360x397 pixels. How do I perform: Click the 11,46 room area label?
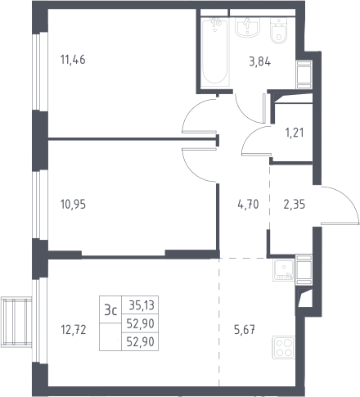click(x=73, y=60)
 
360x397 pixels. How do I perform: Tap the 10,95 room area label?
click(x=73, y=205)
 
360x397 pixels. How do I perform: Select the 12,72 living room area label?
click(x=74, y=330)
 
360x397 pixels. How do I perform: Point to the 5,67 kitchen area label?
click(x=245, y=330)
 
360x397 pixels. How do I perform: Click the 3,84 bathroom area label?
click(x=260, y=62)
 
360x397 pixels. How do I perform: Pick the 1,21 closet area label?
click(x=295, y=133)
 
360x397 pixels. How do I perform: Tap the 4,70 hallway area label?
click(x=248, y=205)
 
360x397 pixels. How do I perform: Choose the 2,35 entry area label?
click(x=295, y=205)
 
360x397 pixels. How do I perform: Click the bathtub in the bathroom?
click(x=215, y=52)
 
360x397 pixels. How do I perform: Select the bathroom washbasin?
click(x=247, y=27)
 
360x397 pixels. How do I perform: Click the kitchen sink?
click(x=284, y=270)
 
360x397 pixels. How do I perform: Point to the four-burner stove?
click(x=284, y=347)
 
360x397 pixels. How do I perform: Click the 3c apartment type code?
click(x=110, y=310)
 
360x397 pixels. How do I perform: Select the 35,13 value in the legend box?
click(x=142, y=305)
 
